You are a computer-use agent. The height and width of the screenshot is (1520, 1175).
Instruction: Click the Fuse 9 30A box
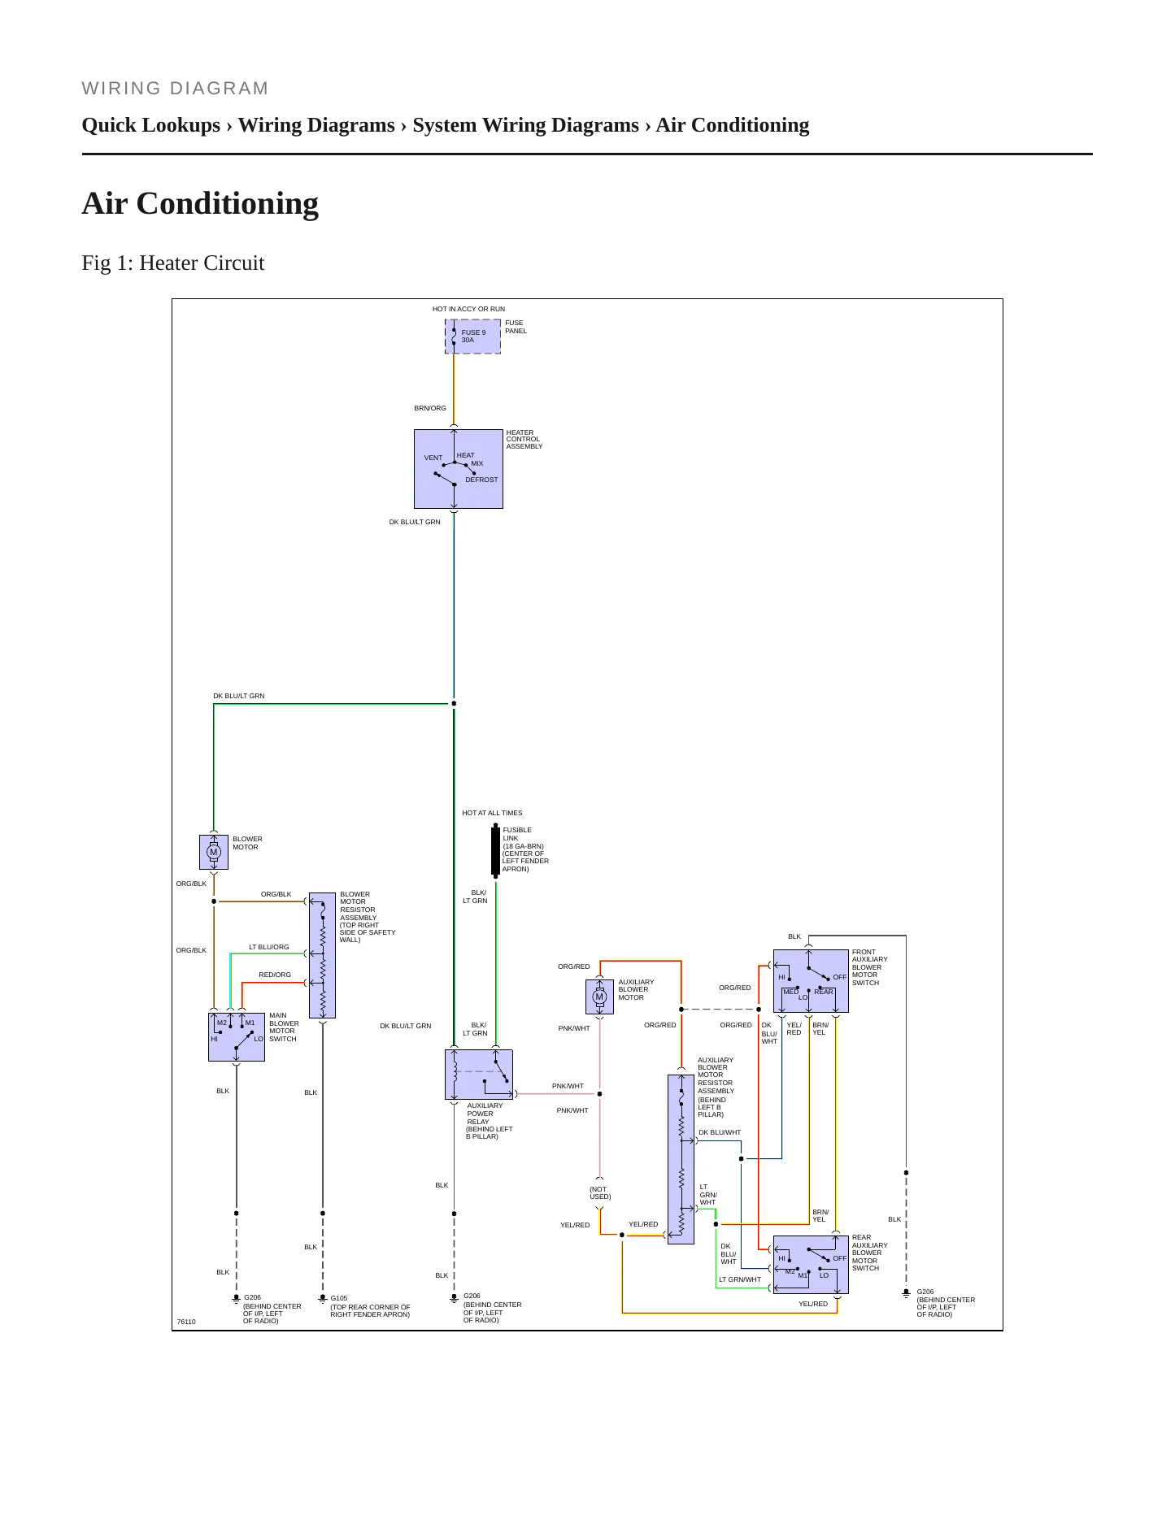(472, 337)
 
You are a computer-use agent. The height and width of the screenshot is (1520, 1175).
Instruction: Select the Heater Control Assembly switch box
(459, 469)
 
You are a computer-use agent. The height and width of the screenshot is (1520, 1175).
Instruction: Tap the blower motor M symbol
(214, 852)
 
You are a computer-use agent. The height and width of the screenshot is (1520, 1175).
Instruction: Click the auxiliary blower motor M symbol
(600, 997)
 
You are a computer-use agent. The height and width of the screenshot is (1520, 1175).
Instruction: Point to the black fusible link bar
(495, 851)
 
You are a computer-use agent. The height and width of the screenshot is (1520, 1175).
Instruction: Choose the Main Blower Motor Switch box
(237, 1036)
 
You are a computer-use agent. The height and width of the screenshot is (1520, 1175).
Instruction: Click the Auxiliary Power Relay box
(479, 1075)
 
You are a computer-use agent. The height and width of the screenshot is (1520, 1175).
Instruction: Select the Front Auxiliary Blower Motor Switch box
(811, 981)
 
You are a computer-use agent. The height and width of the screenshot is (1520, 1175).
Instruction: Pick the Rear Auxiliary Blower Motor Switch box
(811, 1265)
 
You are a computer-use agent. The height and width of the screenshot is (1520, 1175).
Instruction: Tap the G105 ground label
(339, 1298)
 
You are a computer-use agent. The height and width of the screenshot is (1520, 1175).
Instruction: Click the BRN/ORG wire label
(430, 408)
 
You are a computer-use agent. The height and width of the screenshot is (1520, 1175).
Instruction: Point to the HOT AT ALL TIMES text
(492, 813)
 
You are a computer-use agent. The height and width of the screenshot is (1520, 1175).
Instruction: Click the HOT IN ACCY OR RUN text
(468, 309)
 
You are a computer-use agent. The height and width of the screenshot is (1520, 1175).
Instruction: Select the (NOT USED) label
(600, 1192)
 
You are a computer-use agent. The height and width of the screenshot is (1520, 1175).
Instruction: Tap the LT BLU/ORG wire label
(269, 947)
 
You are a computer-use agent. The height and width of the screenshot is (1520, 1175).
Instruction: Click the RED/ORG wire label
(275, 975)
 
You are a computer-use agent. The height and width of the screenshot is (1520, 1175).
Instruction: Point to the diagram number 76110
(186, 1322)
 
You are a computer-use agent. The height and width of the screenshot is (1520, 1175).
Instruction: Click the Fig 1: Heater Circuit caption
(173, 263)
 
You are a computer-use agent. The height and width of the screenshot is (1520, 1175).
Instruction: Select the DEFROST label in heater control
(481, 480)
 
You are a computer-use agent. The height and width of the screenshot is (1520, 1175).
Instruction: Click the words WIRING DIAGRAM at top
(176, 89)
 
